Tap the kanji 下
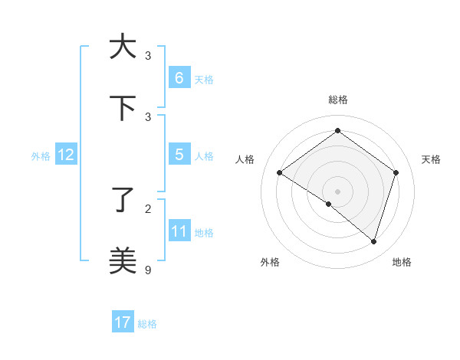coord(123,108)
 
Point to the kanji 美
coord(123,260)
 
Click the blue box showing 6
coord(179,77)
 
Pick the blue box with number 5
coord(179,155)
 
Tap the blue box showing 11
coord(179,231)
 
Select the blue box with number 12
coord(65,155)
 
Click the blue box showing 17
coord(123,322)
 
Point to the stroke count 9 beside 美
coord(148,270)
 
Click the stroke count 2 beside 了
coord(148,208)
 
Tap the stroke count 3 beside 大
coord(148,55)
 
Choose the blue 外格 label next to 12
coord(41,155)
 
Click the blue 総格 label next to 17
coord(147,324)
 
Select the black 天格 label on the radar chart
coord(431,159)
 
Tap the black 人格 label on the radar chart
coord(245,159)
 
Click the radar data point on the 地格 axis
coord(373,241)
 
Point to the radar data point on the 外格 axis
coord(328,204)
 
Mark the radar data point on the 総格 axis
coord(337,131)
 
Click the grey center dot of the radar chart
coord(337,191)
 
